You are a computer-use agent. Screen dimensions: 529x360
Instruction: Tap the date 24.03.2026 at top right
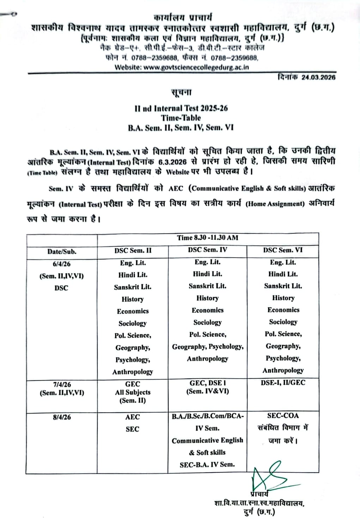318,77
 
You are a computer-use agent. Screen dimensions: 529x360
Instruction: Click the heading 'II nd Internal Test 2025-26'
181,108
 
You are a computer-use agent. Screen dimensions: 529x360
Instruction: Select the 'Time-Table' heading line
181,118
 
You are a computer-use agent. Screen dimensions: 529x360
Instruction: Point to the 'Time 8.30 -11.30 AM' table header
208,237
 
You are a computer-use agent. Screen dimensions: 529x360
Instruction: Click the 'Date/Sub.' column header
62,251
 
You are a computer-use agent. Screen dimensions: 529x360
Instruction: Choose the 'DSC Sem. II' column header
133,250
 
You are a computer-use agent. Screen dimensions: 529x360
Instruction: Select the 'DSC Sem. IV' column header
207,250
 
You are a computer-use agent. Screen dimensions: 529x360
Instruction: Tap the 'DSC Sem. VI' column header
283,250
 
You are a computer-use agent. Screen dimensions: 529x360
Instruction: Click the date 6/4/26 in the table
62,264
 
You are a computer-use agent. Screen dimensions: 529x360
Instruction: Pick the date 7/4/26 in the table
62,384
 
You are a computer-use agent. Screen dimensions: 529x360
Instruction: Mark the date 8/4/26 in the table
62,417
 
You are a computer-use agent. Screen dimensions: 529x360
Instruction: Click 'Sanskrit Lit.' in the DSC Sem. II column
133,287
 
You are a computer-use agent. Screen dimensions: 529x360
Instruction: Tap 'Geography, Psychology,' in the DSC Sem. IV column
208,347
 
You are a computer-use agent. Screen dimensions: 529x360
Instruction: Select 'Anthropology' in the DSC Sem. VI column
283,370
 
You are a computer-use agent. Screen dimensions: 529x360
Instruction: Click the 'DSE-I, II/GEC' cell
283,383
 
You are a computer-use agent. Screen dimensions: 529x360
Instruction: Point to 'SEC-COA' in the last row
283,416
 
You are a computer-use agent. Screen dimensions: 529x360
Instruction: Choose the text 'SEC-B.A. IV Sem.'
207,464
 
